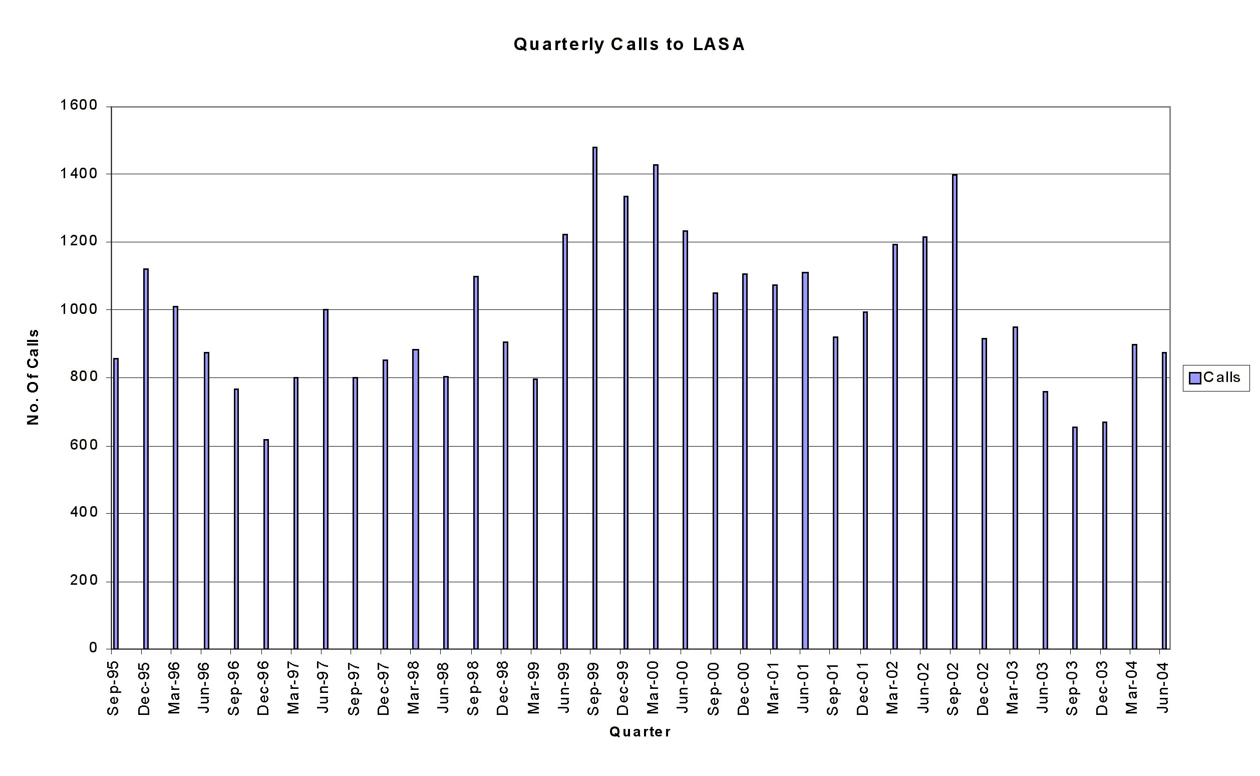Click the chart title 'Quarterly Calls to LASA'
click(x=628, y=45)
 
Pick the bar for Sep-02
click(x=955, y=412)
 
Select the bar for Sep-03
click(x=1075, y=538)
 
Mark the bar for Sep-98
click(x=476, y=463)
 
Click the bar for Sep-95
click(x=116, y=504)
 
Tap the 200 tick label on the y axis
click(x=83, y=580)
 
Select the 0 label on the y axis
click(x=93, y=648)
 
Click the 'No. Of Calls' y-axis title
click(x=33, y=377)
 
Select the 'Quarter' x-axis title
click(x=640, y=732)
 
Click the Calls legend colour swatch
click(x=1195, y=378)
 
